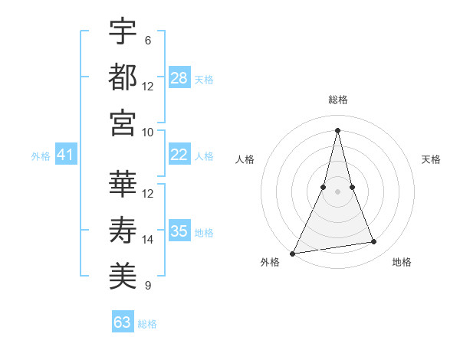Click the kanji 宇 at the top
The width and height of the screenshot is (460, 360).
coord(123,33)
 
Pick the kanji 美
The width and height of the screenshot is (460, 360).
coord(123,276)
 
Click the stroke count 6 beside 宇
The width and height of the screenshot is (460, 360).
coord(147,40)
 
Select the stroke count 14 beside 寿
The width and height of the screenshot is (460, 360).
coord(148,239)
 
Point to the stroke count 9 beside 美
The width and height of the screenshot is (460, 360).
coord(147,286)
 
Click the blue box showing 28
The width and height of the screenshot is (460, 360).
coord(179,78)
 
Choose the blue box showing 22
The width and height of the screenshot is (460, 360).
coord(179,155)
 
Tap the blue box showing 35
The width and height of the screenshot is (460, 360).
coord(179,231)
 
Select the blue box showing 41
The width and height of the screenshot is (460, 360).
coord(65,155)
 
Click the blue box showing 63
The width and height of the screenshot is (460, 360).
coord(123,322)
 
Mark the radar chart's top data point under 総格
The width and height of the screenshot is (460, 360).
coord(338,129)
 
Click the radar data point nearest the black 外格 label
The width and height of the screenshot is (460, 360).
coord(292,253)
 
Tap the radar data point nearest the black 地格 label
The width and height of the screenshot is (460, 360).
coord(374,242)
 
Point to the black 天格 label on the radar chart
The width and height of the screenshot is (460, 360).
coord(432,159)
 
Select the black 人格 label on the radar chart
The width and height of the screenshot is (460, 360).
coord(245,159)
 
